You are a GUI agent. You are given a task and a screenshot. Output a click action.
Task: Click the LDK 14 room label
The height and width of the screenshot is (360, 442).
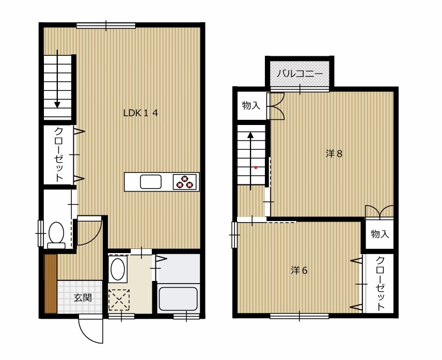140,113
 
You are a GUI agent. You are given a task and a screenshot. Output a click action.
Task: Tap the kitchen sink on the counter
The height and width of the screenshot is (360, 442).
151,182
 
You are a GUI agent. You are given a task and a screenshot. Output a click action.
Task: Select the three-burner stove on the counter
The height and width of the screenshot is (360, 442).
184,182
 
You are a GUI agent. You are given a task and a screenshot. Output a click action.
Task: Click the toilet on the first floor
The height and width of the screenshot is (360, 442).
56,236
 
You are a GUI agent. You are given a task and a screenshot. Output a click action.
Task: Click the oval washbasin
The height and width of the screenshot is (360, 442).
118,269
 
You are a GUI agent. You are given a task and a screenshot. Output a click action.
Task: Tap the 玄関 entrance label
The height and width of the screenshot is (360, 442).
83,298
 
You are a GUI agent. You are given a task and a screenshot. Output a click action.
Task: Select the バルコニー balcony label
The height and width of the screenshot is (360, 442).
299,74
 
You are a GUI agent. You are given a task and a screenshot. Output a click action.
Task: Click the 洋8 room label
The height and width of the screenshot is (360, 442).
334,154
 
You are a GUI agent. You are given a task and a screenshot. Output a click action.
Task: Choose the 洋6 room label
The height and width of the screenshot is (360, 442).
299,270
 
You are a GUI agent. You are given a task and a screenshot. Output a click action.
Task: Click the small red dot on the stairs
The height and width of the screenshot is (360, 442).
256,167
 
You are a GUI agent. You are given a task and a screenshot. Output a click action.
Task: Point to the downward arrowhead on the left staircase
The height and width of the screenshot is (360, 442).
57,104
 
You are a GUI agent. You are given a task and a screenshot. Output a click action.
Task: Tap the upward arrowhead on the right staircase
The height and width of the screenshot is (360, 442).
250,135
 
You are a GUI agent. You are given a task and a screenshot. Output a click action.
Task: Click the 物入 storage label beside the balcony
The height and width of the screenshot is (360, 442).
251,106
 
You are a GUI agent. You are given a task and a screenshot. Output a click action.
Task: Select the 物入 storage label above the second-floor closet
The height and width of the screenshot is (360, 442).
380,234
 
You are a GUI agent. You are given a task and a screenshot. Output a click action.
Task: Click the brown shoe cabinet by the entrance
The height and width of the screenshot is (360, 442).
51,284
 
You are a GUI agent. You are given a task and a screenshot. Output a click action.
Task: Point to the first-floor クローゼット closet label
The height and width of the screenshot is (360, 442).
59,154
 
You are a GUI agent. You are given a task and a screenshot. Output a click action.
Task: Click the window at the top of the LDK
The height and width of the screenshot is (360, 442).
106,26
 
